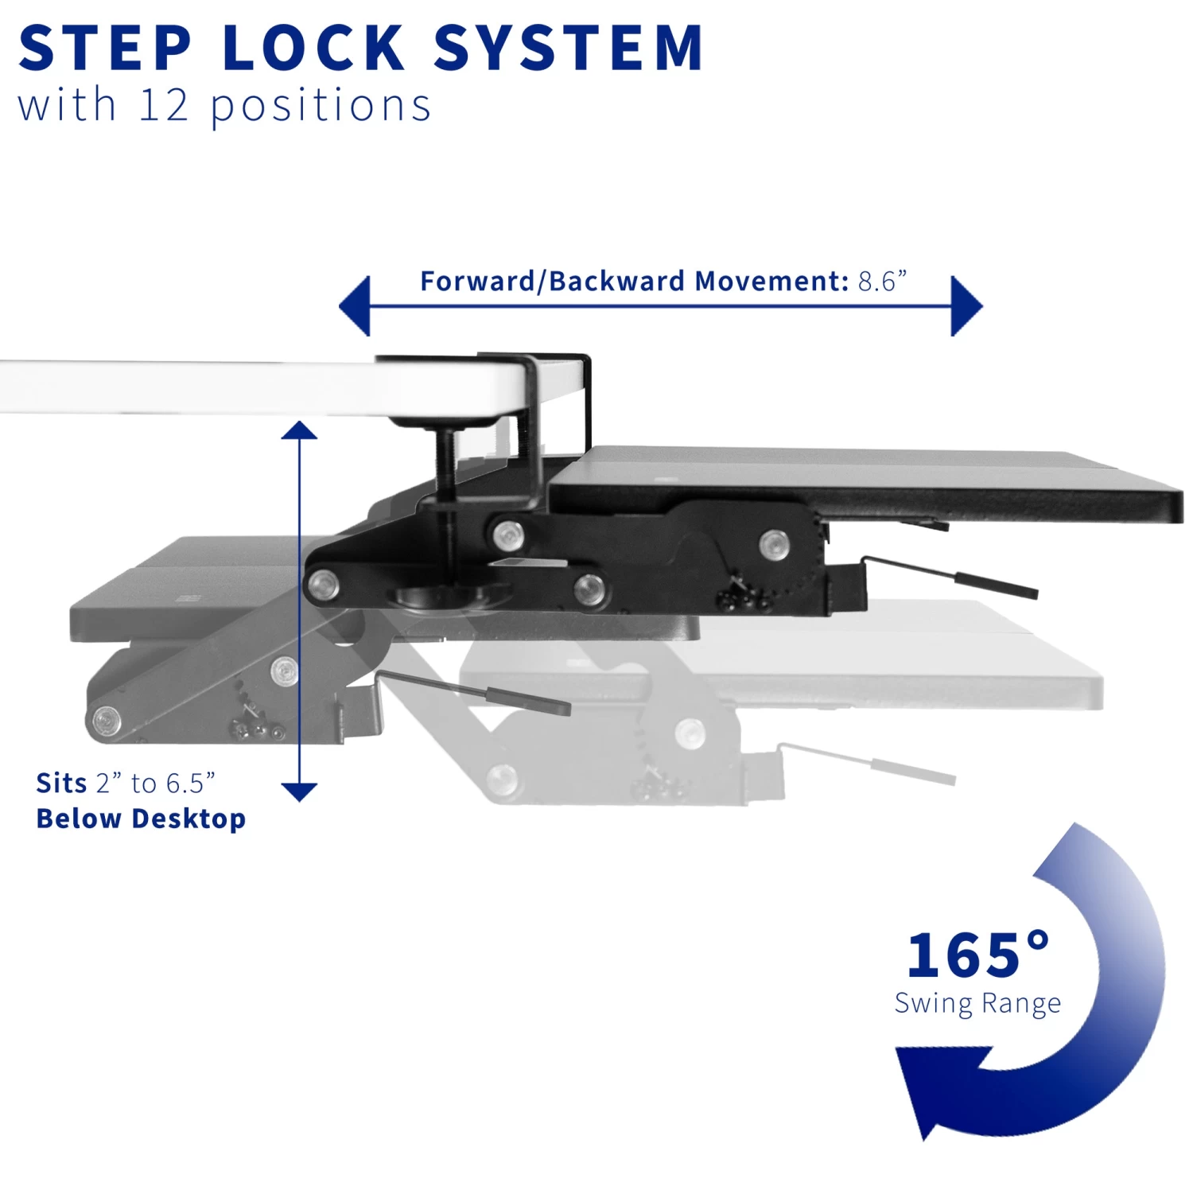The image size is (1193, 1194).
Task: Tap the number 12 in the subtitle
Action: [163, 105]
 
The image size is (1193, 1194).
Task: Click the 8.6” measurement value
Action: [882, 282]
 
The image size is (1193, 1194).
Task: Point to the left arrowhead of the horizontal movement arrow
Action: [356, 306]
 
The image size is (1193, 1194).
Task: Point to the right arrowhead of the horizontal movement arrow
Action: [966, 306]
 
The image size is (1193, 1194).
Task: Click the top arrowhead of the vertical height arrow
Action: [299, 432]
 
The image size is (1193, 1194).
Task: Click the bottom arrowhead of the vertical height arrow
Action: [299, 791]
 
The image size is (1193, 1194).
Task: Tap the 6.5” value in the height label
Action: [190, 784]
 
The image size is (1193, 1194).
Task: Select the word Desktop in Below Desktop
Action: [189, 819]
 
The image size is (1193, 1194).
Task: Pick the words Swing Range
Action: [977, 1004]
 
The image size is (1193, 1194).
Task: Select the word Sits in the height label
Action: [61, 784]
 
